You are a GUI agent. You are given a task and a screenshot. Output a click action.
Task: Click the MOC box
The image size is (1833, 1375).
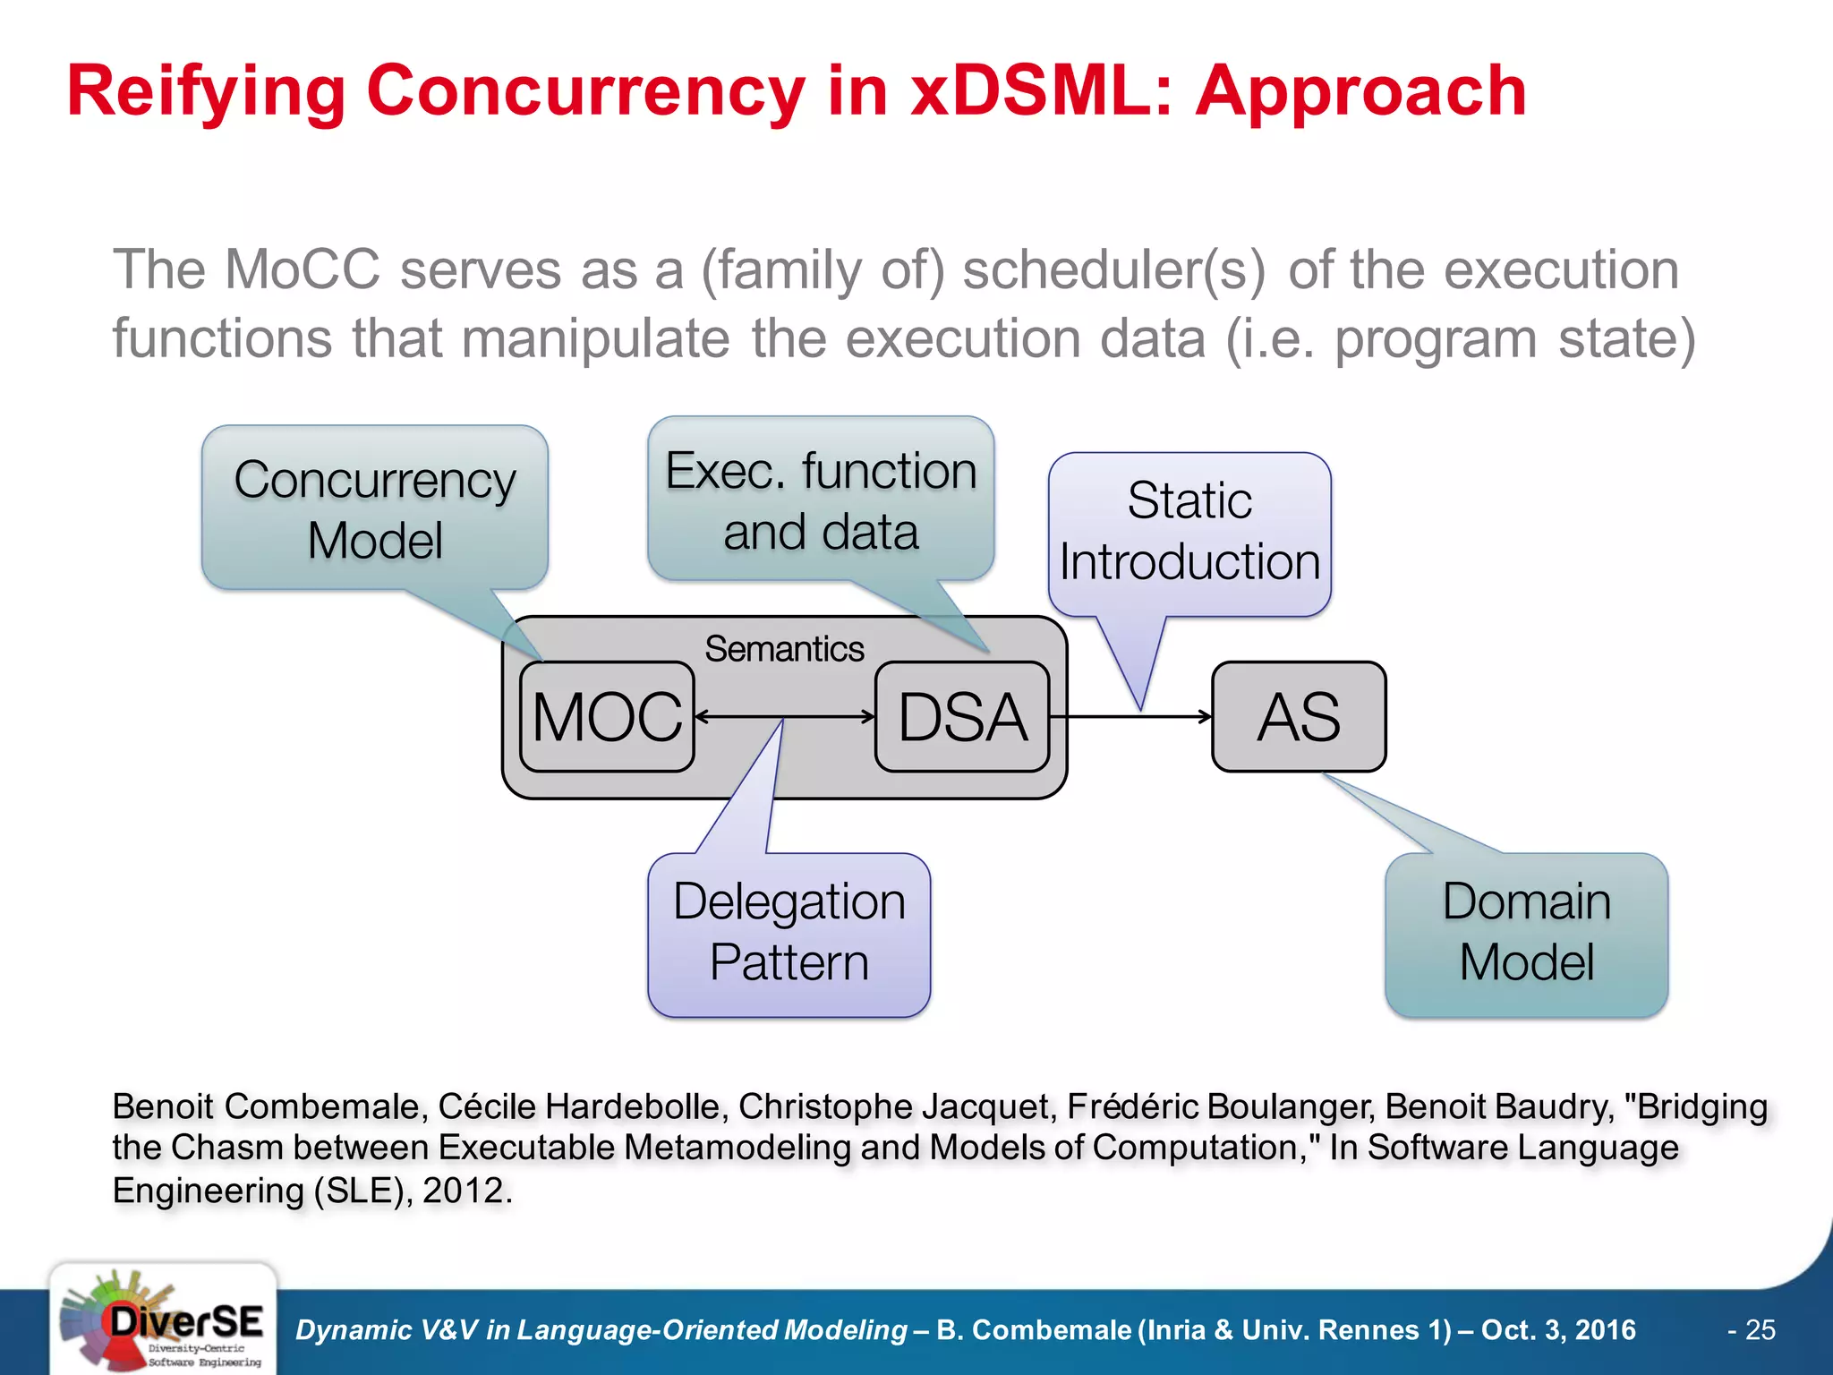click(x=607, y=717)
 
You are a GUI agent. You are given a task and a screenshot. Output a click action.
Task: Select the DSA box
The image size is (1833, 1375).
click(x=962, y=717)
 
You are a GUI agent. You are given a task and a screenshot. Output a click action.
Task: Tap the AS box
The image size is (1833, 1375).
click(x=1299, y=717)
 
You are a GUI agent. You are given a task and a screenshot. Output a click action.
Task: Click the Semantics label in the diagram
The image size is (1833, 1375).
click(x=784, y=649)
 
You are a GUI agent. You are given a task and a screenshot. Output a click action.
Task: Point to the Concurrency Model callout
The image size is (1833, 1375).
click(x=375, y=508)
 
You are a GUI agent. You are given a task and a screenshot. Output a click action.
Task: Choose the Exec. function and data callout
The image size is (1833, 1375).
click(x=821, y=500)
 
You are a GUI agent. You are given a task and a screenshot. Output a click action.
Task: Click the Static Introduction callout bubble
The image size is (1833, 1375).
click(x=1189, y=533)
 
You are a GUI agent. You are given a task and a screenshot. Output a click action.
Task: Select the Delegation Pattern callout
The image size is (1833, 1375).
click(x=789, y=933)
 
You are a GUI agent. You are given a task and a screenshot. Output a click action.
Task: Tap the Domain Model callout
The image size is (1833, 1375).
click(x=1526, y=933)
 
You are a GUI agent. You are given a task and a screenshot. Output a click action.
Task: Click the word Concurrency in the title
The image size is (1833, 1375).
click(x=585, y=92)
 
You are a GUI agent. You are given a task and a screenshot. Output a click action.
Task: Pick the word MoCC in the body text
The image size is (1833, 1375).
click(x=302, y=269)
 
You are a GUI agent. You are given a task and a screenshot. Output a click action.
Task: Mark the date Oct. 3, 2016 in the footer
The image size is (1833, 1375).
click(x=1558, y=1330)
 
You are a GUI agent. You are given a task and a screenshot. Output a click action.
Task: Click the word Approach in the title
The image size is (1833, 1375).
click(x=1360, y=92)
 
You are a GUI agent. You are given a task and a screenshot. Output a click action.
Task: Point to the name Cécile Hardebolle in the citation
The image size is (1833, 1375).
click(x=583, y=1106)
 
